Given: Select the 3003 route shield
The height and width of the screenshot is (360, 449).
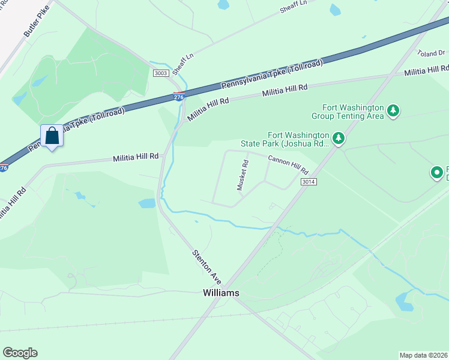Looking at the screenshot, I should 160,73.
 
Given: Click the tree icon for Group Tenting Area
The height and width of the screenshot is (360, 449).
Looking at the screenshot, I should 393,110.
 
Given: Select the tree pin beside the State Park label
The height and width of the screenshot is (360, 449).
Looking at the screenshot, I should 339,139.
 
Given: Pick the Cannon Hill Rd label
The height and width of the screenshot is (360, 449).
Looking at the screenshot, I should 288,163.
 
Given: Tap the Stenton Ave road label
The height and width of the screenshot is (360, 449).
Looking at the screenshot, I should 207,266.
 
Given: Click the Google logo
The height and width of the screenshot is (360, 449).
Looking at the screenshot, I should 20,353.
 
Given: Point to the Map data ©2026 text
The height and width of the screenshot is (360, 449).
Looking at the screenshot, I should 423,355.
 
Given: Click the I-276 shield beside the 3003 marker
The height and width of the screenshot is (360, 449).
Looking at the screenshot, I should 178,95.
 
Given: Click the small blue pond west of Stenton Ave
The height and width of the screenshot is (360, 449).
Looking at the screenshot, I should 147,203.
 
